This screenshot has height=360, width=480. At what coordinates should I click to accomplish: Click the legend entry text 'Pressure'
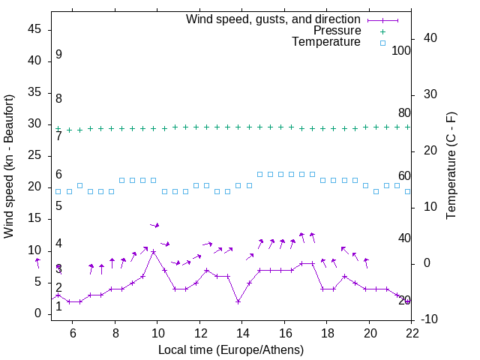click(x=337, y=31)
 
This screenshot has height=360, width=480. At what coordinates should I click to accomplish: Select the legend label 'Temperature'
click(x=326, y=42)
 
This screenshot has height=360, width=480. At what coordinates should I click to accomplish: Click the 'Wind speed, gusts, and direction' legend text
click(x=273, y=19)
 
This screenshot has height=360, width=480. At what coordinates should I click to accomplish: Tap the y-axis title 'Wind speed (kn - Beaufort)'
click(x=9, y=166)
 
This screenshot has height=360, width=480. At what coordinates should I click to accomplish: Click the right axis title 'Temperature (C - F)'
click(x=451, y=166)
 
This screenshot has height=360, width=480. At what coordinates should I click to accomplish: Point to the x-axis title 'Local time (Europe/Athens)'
click(x=231, y=350)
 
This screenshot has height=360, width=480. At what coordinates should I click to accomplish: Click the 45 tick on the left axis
click(x=34, y=29)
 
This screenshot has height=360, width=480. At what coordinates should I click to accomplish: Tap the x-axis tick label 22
click(x=412, y=333)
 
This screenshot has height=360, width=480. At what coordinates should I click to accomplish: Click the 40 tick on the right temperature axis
click(x=421, y=38)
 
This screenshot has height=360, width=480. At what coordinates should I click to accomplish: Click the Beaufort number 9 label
click(x=58, y=55)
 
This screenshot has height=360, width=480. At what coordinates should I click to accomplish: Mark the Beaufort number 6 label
click(x=58, y=175)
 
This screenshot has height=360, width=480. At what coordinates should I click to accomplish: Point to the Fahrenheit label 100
click(x=401, y=51)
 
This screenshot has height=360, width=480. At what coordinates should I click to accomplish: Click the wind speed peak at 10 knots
click(x=154, y=251)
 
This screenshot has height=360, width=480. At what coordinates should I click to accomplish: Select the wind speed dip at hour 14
click(x=238, y=301)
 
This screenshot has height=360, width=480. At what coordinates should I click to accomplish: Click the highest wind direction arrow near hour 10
click(x=154, y=225)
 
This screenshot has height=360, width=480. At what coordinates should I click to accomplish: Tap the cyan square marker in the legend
click(x=382, y=43)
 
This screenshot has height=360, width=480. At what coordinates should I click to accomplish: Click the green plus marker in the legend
click(x=382, y=31)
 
